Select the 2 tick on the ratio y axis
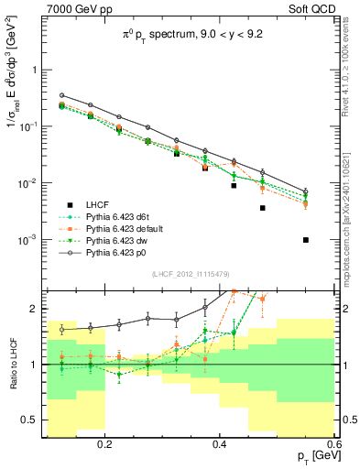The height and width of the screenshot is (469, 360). pos(36,310)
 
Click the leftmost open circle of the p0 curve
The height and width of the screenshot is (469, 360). pos(61,95)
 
